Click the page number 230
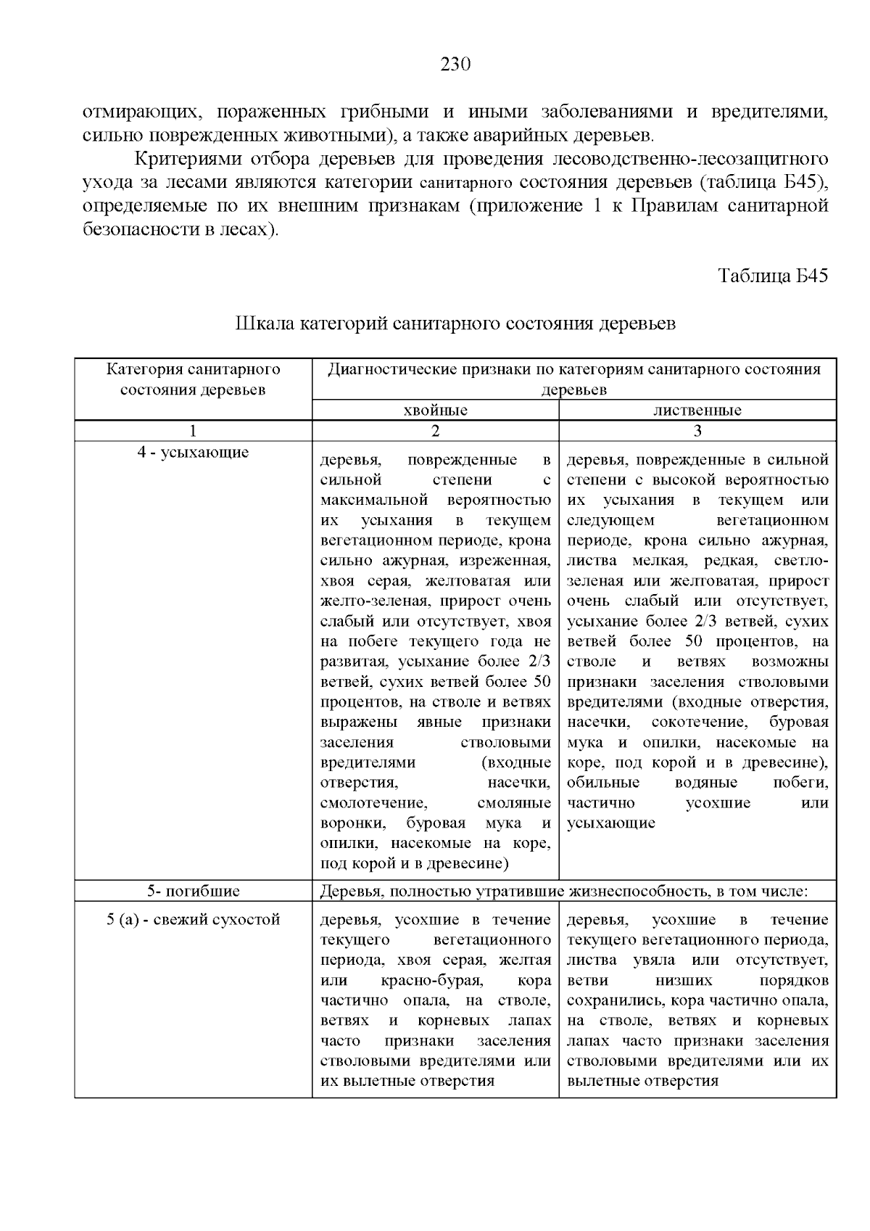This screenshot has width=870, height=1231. click(456, 65)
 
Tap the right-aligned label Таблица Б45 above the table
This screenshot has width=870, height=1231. click(773, 276)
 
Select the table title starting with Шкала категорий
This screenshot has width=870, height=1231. click(455, 324)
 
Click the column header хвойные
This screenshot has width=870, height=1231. click(435, 411)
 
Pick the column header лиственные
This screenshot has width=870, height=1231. click(697, 411)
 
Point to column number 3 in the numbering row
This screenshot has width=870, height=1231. click(697, 431)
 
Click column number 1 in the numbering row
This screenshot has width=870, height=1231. click(193, 431)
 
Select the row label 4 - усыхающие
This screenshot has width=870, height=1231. click(193, 453)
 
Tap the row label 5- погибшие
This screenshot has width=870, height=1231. click(193, 891)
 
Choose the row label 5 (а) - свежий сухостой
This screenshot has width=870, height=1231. click(193, 920)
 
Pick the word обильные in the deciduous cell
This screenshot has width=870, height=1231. click(603, 783)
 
